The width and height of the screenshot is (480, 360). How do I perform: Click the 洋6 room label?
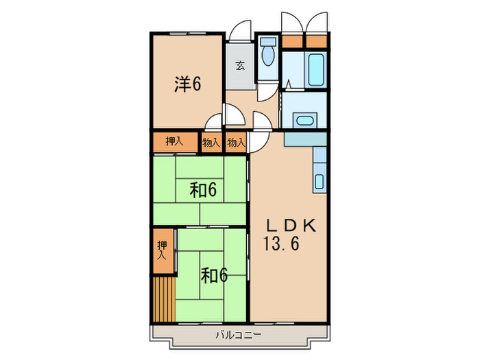tap(187, 84)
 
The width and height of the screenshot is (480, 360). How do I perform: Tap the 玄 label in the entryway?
tap(241, 67)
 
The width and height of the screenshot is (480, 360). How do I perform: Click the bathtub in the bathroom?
tap(316, 68)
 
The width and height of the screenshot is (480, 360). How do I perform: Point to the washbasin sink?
tap(303, 121)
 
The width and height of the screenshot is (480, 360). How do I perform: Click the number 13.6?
tap(281, 243)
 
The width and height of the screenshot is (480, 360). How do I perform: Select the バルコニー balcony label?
tap(239, 336)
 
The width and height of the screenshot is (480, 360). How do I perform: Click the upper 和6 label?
tap(203, 190)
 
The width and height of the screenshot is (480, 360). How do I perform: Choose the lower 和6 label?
tap(214, 275)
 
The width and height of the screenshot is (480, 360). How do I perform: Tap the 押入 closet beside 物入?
tap(174, 142)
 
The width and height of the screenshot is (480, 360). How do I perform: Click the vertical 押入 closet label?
tap(162, 250)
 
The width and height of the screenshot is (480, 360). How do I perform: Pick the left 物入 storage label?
tap(211, 143)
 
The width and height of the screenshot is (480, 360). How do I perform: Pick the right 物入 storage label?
tap(236, 143)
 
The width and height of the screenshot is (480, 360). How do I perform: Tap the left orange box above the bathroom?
tap(293, 40)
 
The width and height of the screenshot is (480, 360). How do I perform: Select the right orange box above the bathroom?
tap(316, 40)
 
